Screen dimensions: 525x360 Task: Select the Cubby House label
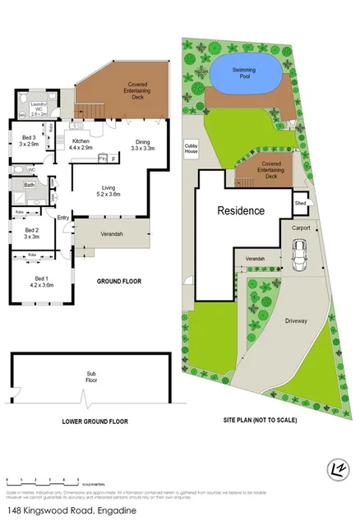(x=191, y=148)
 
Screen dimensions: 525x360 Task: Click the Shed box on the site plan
(x=302, y=202)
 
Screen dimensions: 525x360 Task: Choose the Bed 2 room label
(x=31, y=233)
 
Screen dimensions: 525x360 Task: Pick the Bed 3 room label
(x=29, y=140)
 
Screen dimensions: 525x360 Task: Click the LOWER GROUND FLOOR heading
(x=95, y=421)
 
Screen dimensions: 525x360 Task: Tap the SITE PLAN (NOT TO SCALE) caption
(x=261, y=421)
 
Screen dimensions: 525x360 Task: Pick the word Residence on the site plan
(x=241, y=210)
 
